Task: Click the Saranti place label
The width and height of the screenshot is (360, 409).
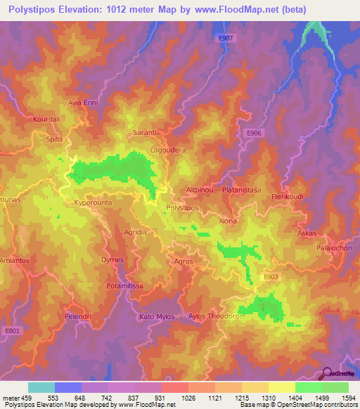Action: click(x=144, y=132)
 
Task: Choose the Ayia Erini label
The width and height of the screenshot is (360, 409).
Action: click(x=82, y=103)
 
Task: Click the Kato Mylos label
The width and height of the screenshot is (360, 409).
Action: click(x=157, y=316)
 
